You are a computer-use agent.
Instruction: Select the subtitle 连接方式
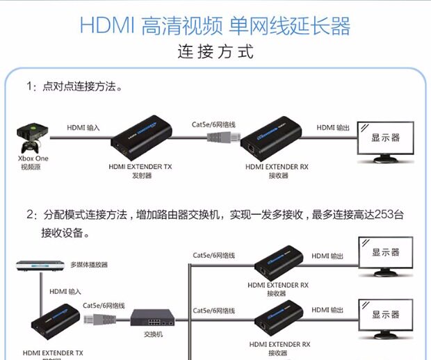pyautogui.click(x=215, y=52)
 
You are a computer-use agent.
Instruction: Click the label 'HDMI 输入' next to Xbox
pyautogui.click(x=83, y=128)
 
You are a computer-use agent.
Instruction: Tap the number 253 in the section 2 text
pyautogui.click(x=387, y=214)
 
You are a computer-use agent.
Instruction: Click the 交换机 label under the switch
pyautogui.click(x=153, y=334)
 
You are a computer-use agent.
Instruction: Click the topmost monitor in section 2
pyautogui.click(x=385, y=254)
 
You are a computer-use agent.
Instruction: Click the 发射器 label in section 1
pyautogui.click(x=141, y=176)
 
